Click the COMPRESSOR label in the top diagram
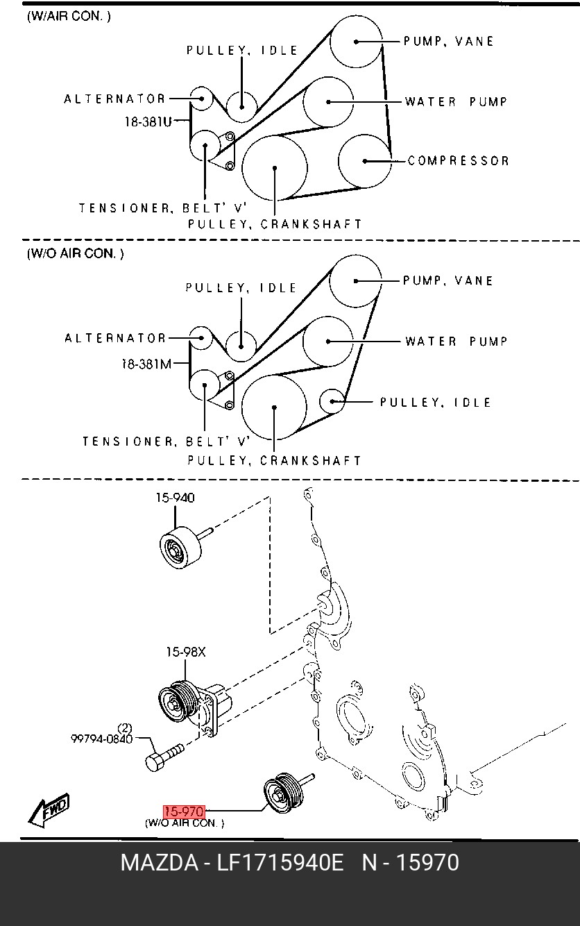[458, 161]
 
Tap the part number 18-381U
[148, 122]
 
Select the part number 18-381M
[146, 364]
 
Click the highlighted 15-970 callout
[184, 812]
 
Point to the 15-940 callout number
[175, 497]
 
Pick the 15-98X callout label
[185, 653]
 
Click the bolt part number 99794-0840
[101, 739]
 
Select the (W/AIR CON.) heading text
[69, 17]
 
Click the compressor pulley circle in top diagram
[365, 161]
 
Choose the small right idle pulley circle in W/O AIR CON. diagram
[332, 401]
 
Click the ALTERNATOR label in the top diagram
[114, 99]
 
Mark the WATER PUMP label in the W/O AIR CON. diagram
[456, 342]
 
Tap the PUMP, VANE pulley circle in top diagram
[356, 42]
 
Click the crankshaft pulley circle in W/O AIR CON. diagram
[274, 407]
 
